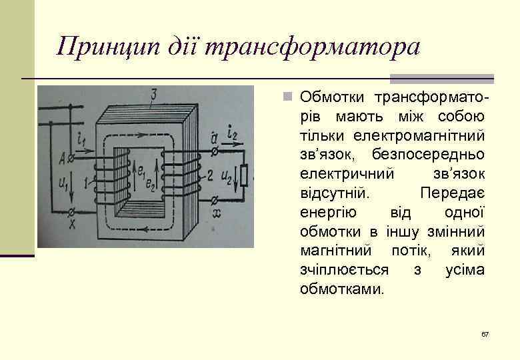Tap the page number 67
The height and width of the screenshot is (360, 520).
pyautogui.click(x=485, y=333)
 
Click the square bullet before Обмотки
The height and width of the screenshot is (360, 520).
pyautogui.click(x=287, y=98)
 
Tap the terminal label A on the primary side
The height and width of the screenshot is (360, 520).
pyautogui.click(x=61, y=158)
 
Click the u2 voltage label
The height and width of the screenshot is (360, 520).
pyautogui.click(x=227, y=177)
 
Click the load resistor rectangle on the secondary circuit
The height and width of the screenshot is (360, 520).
pyautogui.click(x=245, y=175)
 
